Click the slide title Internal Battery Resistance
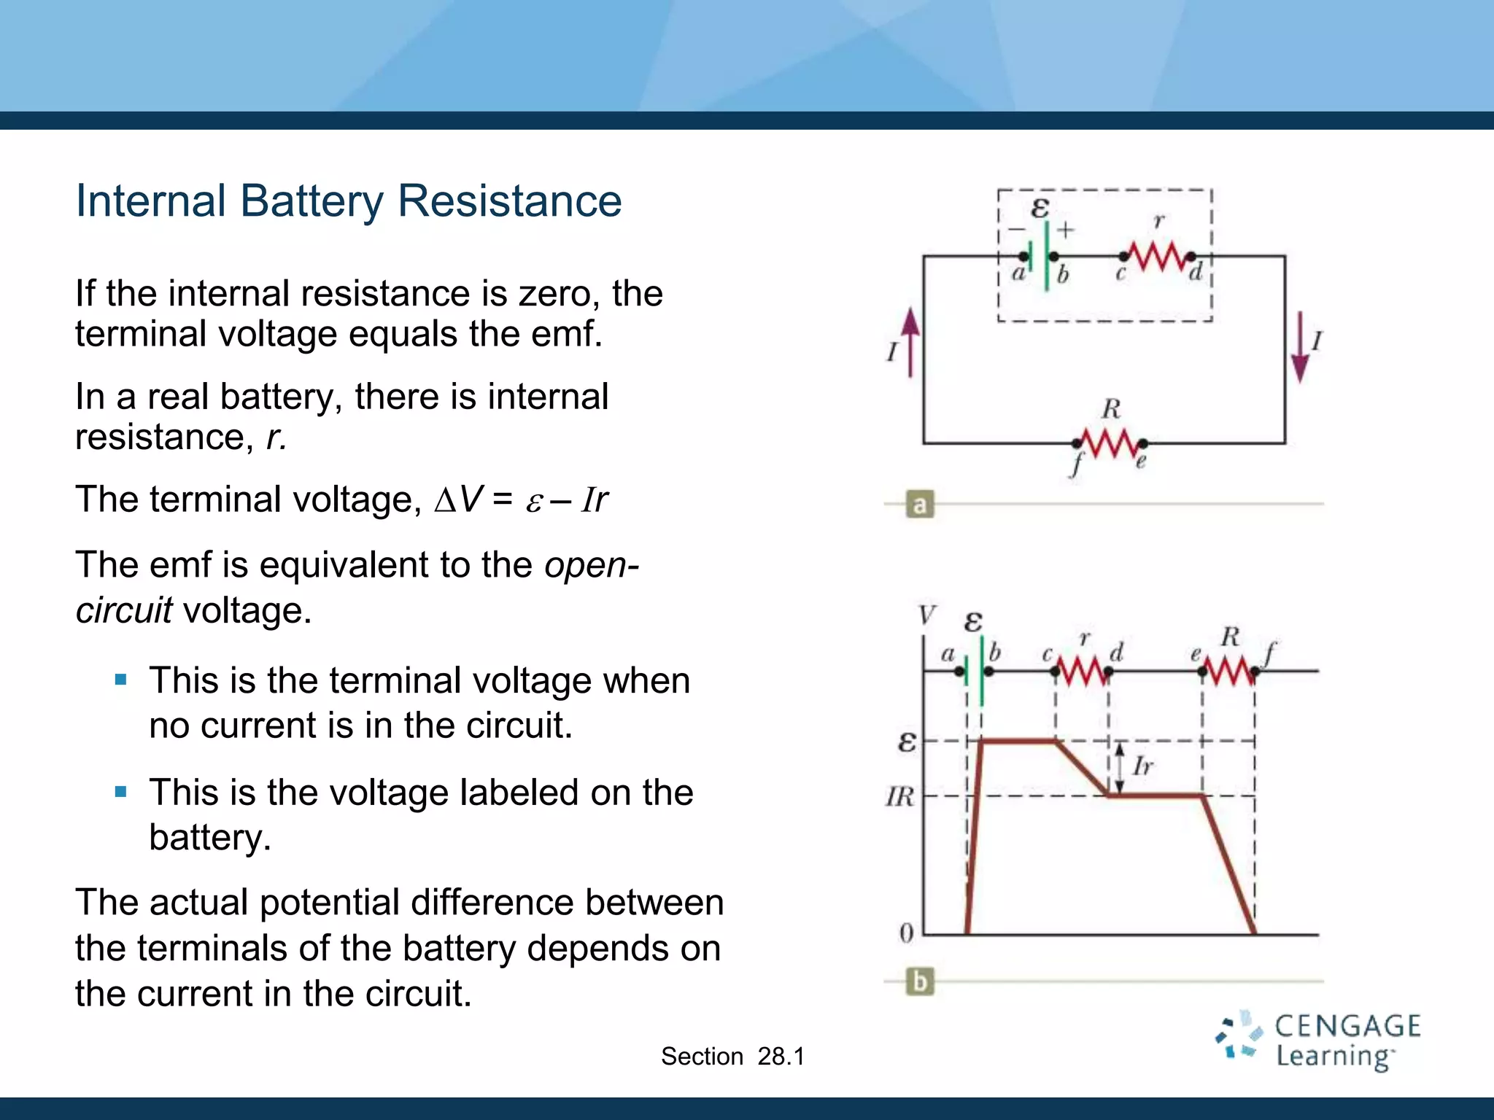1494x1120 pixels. coord(349,201)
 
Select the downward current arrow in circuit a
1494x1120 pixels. coord(1299,347)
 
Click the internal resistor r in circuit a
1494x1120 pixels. coord(1156,257)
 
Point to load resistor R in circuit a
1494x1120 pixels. coord(1109,443)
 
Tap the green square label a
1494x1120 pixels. coord(920,505)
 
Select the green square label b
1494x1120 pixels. coord(920,981)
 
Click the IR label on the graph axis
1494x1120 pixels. coord(899,796)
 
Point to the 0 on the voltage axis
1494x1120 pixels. coord(906,933)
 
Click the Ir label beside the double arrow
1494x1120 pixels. coord(1143,766)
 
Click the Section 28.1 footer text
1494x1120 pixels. coord(732,1056)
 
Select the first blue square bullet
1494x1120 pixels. coord(121,680)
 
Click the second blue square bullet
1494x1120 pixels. coord(121,792)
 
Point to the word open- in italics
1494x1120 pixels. coord(592,565)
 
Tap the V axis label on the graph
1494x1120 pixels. coord(926,615)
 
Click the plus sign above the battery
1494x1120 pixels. coord(1066,230)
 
